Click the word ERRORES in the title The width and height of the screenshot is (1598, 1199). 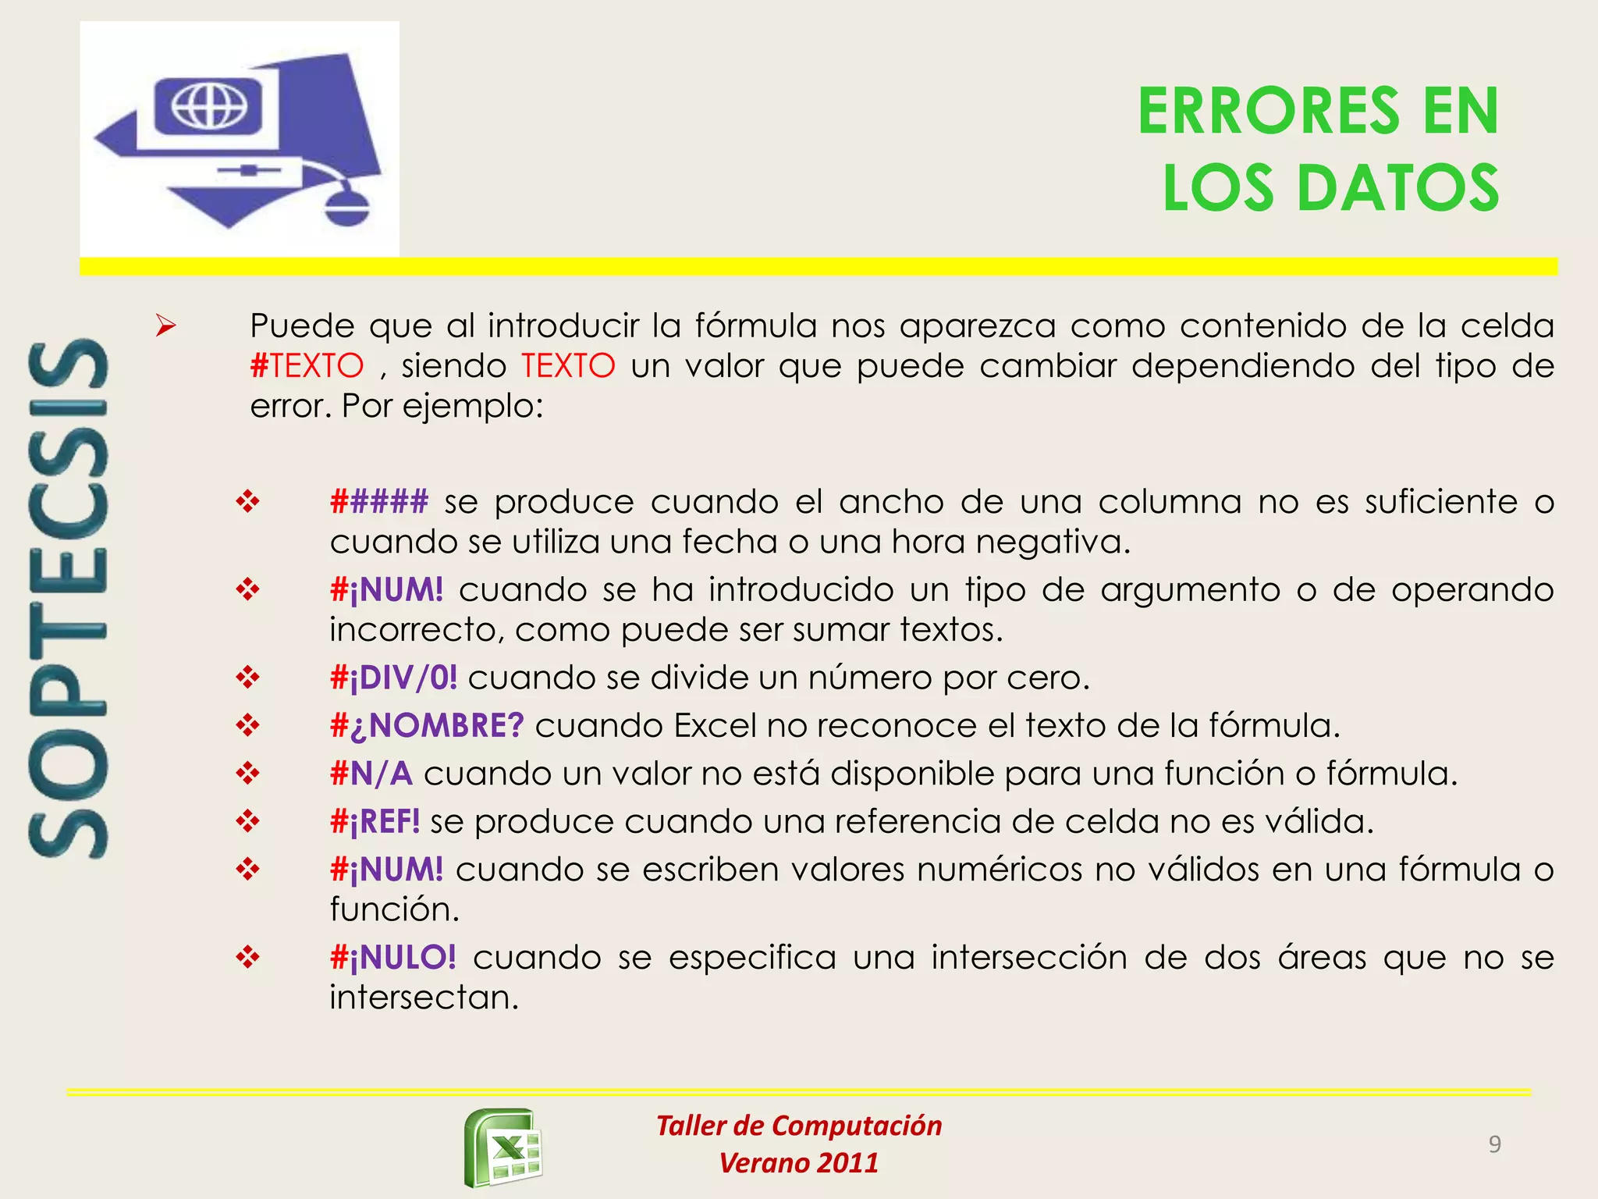tap(1268, 112)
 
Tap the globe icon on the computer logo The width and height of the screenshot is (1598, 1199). tap(209, 105)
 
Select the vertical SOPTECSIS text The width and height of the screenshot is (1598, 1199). tap(68, 599)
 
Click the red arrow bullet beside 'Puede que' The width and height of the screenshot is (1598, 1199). tap(165, 326)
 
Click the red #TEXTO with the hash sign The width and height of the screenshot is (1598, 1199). tap(307, 366)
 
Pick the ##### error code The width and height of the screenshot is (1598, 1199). tap(379, 502)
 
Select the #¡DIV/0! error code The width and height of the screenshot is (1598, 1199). tap(393, 678)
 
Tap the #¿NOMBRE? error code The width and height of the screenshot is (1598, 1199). tap(426, 726)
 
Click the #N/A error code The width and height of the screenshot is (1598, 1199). tap(371, 774)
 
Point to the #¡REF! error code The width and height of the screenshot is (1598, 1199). tap(375, 821)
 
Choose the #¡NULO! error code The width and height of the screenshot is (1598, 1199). tap(392, 958)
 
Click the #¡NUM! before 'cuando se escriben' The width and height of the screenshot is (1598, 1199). tap(386, 870)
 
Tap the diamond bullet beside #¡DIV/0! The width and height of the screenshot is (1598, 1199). tap(247, 678)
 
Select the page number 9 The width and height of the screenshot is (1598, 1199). tap(1494, 1144)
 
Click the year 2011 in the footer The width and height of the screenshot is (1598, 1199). tap(847, 1163)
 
